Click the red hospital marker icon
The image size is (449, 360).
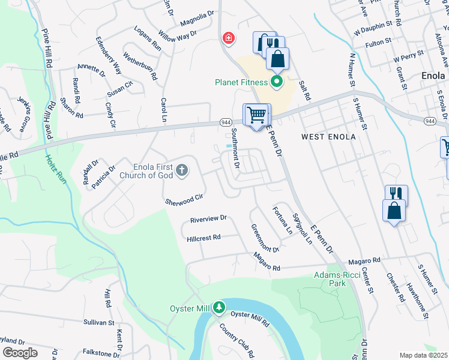228,39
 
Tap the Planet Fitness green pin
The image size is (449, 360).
277,81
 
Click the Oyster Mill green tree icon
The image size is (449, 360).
219,308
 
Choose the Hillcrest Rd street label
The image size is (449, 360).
204,237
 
